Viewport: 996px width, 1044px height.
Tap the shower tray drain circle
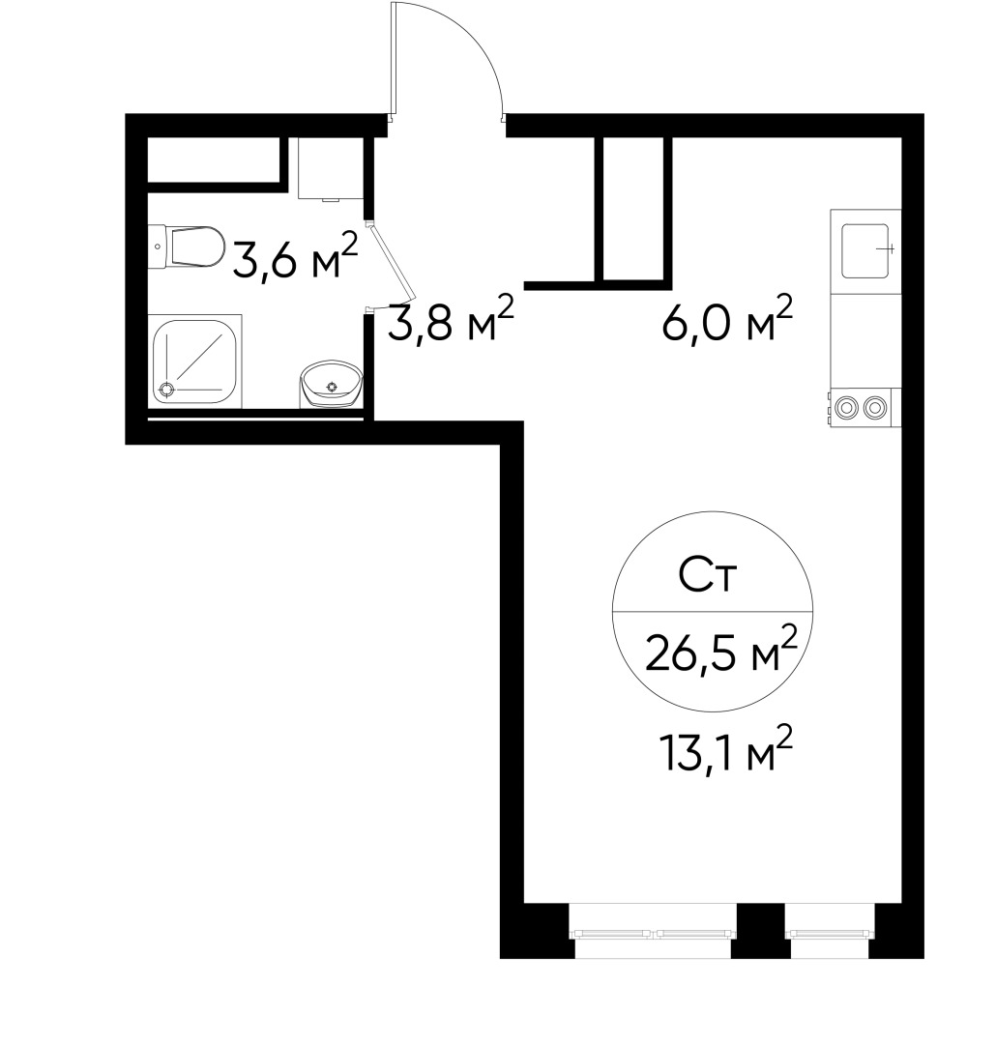[x=166, y=390]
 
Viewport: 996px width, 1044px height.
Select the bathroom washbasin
[x=330, y=385]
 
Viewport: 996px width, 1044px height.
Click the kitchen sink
[x=865, y=249]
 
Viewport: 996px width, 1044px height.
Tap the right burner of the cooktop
[x=876, y=407]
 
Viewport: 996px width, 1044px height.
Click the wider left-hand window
[x=654, y=932]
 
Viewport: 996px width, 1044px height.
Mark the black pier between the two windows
[x=759, y=930]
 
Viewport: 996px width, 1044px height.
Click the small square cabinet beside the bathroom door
[x=330, y=167]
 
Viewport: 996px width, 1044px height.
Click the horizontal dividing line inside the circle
[x=712, y=612]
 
